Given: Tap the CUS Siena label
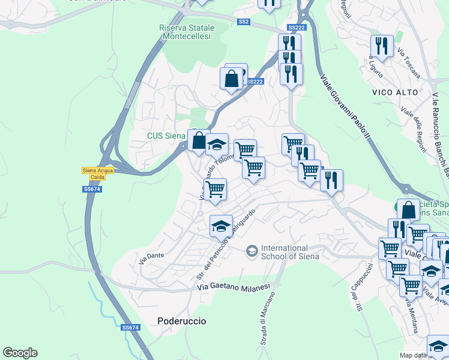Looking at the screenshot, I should click(166, 136).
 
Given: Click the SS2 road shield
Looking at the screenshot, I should click(243, 22).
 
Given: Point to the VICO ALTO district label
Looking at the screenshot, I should click(393, 93).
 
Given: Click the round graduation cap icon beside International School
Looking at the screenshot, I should click(252, 250).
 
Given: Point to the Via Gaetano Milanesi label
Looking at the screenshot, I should click(234, 287).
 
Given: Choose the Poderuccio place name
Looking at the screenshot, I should click(182, 321).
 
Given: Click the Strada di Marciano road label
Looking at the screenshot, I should click(268, 318).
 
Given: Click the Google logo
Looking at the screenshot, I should click(20, 353).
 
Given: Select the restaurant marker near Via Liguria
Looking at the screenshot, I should click(382, 45).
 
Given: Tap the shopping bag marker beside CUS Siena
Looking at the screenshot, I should click(198, 140).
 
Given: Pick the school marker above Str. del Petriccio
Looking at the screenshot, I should click(221, 226).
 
